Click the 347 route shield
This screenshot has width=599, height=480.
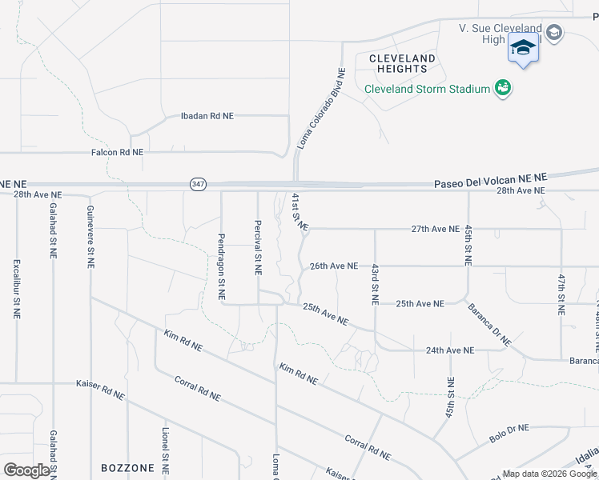click(x=198, y=184)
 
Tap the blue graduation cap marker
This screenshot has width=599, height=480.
click(x=523, y=48)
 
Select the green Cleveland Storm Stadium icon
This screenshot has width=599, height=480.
click(x=503, y=88)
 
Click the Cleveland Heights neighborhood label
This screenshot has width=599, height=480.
click(x=402, y=63)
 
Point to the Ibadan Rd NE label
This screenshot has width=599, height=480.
click(x=207, y=116)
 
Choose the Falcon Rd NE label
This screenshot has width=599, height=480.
click(x=117, y=152)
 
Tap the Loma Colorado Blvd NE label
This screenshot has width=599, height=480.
click(x=321, y=109)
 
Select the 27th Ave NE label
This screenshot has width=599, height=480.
click(x=436, y=229)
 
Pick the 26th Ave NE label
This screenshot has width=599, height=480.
click(x=333, y=266)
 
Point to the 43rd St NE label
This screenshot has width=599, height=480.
click(x=374, y=284)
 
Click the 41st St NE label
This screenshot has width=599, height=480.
click(x=299, y=212)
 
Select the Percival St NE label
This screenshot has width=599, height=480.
click(x=258, y=248)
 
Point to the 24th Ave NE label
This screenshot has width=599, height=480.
click(x=450, y=350)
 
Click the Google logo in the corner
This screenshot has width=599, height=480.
click(x=27, y=470)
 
